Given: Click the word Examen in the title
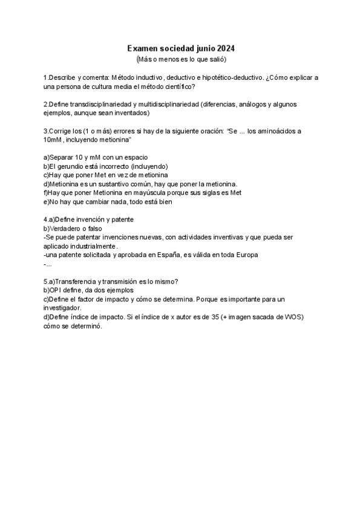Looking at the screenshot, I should tap(142, 48).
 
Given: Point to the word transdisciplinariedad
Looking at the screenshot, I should tap(99, 104).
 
